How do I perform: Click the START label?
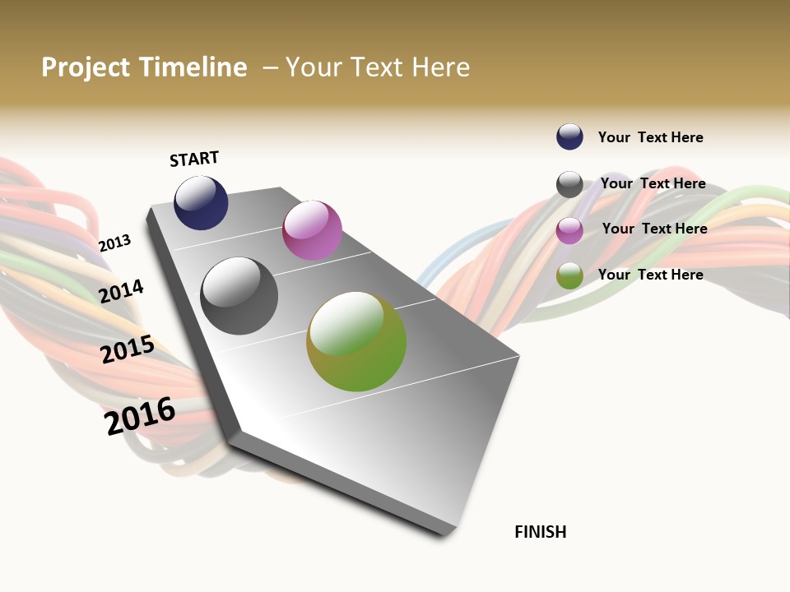[x=194, y=159]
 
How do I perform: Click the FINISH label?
[x=540, y=532]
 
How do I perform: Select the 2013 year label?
[x=114, y=243]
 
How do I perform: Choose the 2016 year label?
[x=140, y=415]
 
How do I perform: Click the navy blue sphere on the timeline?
[x=201, y=202]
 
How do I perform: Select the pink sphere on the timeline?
[x=312, y=230]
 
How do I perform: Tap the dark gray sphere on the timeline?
[x=239, y=296]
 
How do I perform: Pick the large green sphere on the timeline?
[x=356, y=341]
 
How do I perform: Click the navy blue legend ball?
[x=569, y=137]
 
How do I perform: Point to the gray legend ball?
[x=569, y=184]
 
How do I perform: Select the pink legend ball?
[x=569, y=230]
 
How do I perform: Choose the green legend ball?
[x=569, y=276]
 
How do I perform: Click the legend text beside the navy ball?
[x=650, y=138]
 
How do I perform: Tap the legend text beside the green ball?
[x=650, y=275]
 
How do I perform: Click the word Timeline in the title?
[x=193, y=67]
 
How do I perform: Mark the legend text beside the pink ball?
[x=654, y=229]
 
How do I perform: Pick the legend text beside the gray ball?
[x=653, y=183]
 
